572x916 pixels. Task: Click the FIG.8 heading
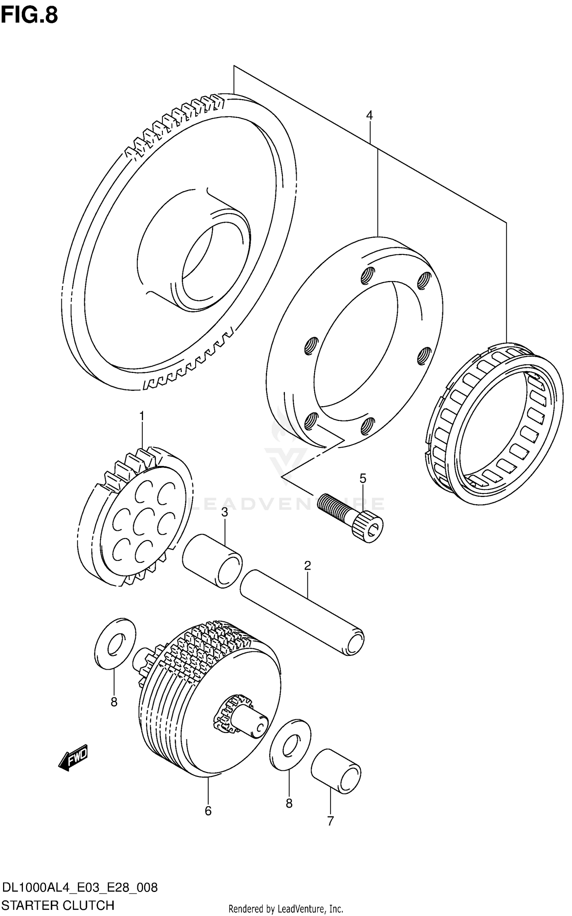29,15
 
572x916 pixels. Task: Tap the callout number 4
369,115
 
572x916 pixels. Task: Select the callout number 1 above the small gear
141,416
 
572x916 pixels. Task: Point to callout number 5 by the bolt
363,478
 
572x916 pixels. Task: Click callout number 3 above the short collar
225,512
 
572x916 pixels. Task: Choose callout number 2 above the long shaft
308,566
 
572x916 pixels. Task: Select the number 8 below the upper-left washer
114,702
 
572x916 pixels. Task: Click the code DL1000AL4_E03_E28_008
80,887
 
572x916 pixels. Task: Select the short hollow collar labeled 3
212,561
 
